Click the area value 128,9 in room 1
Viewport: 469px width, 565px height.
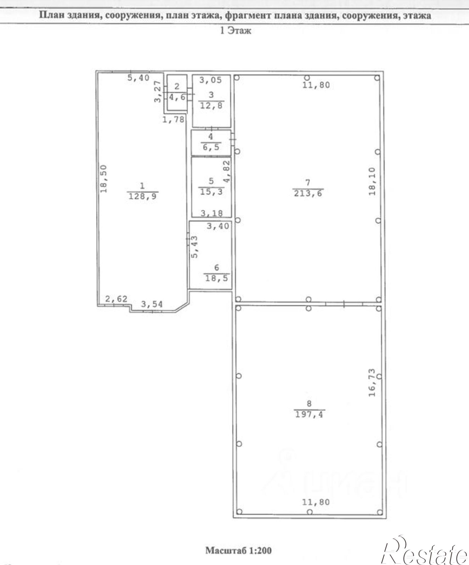tap(142, 196)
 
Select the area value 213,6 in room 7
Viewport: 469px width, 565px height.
tap(308, 194)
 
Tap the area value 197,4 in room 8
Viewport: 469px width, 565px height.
tap(310, 414)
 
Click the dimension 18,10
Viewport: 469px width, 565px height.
tap(372, 181)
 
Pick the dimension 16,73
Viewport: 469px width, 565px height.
tap(372, 383)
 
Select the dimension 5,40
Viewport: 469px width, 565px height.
tap(138, 78)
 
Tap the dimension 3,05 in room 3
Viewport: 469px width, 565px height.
tap(211, 80)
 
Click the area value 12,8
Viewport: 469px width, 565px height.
tap(211, 106)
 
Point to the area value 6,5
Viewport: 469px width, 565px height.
tap(211, 147)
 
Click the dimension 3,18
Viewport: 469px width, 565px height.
tap(212, 213)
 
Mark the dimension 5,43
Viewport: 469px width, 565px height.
tap(195, 247)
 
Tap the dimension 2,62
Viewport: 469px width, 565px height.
tap(116, 299)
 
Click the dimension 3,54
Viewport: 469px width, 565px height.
tap(152, 304)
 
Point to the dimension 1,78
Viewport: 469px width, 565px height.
tap(173, 119)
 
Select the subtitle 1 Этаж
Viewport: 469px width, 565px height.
tap(235, 31)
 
